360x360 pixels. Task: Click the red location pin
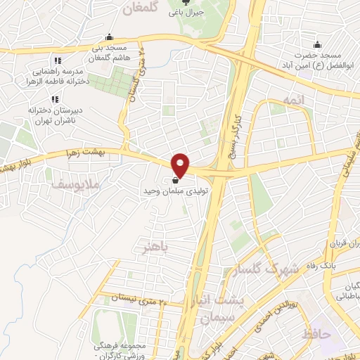click(x=181, y=165)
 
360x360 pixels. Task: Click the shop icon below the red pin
click(x=174, y=180)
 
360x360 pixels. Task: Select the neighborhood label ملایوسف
click(x=78, y=184)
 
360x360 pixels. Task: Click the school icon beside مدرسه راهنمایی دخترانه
click(x=58, y=60)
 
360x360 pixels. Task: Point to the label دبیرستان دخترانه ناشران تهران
click(x=56, y=115)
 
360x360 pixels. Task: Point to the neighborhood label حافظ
click(x=317, y=334)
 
